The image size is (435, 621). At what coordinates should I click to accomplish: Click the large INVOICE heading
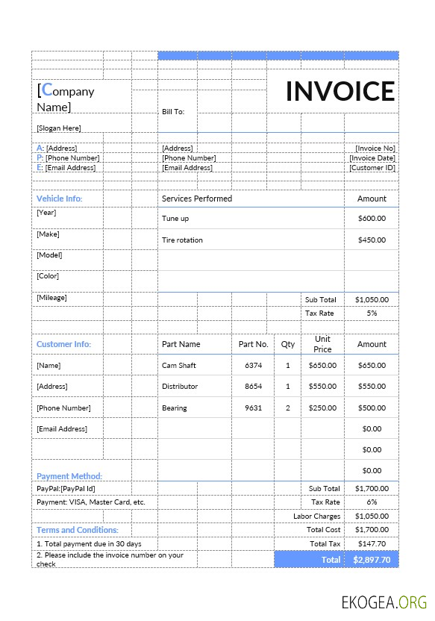click(340, 91)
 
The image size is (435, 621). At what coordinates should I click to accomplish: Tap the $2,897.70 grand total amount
click(371, 559)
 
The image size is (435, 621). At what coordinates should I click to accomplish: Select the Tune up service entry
click(175, 219)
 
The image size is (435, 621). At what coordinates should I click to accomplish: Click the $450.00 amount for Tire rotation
click(372, 240)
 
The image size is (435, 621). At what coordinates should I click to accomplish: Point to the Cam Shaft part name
click(179, 366)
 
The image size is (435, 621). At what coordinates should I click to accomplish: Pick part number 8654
click(254, 387)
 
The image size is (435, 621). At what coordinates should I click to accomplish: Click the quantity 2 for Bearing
click(288, 408)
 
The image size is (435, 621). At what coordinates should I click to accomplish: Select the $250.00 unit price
click(322, 408)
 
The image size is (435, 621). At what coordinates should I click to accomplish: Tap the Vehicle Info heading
click(60, 199)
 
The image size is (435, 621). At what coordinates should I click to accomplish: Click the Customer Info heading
click(63, 344)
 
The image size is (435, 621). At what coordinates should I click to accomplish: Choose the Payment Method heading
click(69, 476)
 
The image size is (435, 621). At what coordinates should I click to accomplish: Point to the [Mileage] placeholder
click(51, 298)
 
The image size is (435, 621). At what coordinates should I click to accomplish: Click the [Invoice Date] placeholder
click(372, 158)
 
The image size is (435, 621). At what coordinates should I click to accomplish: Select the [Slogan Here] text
click(59, 128)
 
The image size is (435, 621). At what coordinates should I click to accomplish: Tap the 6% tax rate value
click(372, 502)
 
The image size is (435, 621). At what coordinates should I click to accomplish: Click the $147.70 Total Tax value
click(372, 544)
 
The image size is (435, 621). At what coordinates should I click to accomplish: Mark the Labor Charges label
click(316, 516)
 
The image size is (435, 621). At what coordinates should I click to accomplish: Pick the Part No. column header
click(254, 344)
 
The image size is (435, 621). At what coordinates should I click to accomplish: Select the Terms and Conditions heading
click(78, 530)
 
